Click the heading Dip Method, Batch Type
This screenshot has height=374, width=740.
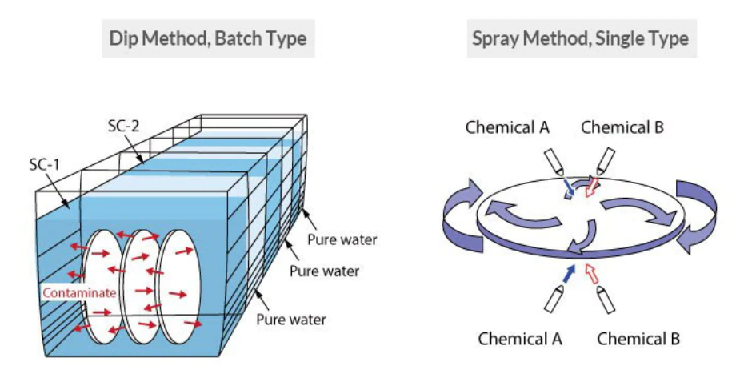click(208, 38)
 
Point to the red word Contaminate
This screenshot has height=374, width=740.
click(80, 293)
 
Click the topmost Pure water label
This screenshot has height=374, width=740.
click(342, 239)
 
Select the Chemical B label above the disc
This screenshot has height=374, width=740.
click(622, 127)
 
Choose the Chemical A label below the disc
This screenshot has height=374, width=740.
click(520, 338)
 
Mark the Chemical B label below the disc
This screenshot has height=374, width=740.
click(638, 338)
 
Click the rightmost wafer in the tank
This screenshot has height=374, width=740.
click(182, 284)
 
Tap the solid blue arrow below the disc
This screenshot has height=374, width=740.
click(569, 274)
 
